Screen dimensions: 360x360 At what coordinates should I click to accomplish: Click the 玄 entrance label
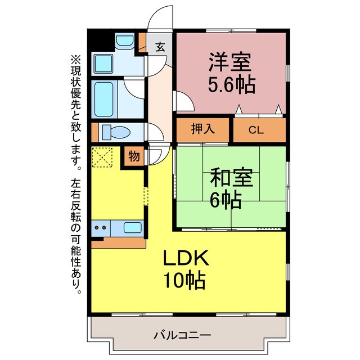pyautogui.click(x=160, y=47)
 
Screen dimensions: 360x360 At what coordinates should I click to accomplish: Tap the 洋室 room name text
pyautogui.click(x=229, y=61)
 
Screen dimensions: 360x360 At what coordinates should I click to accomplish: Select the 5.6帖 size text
pyautogui.click(x=232, y=85)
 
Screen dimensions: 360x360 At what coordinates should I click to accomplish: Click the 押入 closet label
pyautogui.click(x=204, y=130)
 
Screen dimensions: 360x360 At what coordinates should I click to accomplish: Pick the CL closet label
pyautogui.click(x=256, y=130)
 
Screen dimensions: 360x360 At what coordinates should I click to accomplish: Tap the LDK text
pyautogui.click(x=186, y=259)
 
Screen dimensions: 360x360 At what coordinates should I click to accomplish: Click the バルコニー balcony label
pyautogui.click(x=182, y=336)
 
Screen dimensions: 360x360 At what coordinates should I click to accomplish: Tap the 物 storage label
pyautogui.click(x=134, y=155)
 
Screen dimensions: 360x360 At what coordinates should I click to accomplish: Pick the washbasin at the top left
pyautogui.click(x=124, y=42)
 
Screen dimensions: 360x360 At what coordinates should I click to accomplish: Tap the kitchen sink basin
pyautogui.click(x=133, y=228)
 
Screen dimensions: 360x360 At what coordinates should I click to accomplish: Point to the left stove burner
pyautogui.click(x=96, y=228)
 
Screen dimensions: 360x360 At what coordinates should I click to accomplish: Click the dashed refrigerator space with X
pyautogui.click(x=102, y=157)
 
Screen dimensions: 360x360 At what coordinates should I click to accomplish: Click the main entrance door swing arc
pyautogui.click(x=160, y=16)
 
